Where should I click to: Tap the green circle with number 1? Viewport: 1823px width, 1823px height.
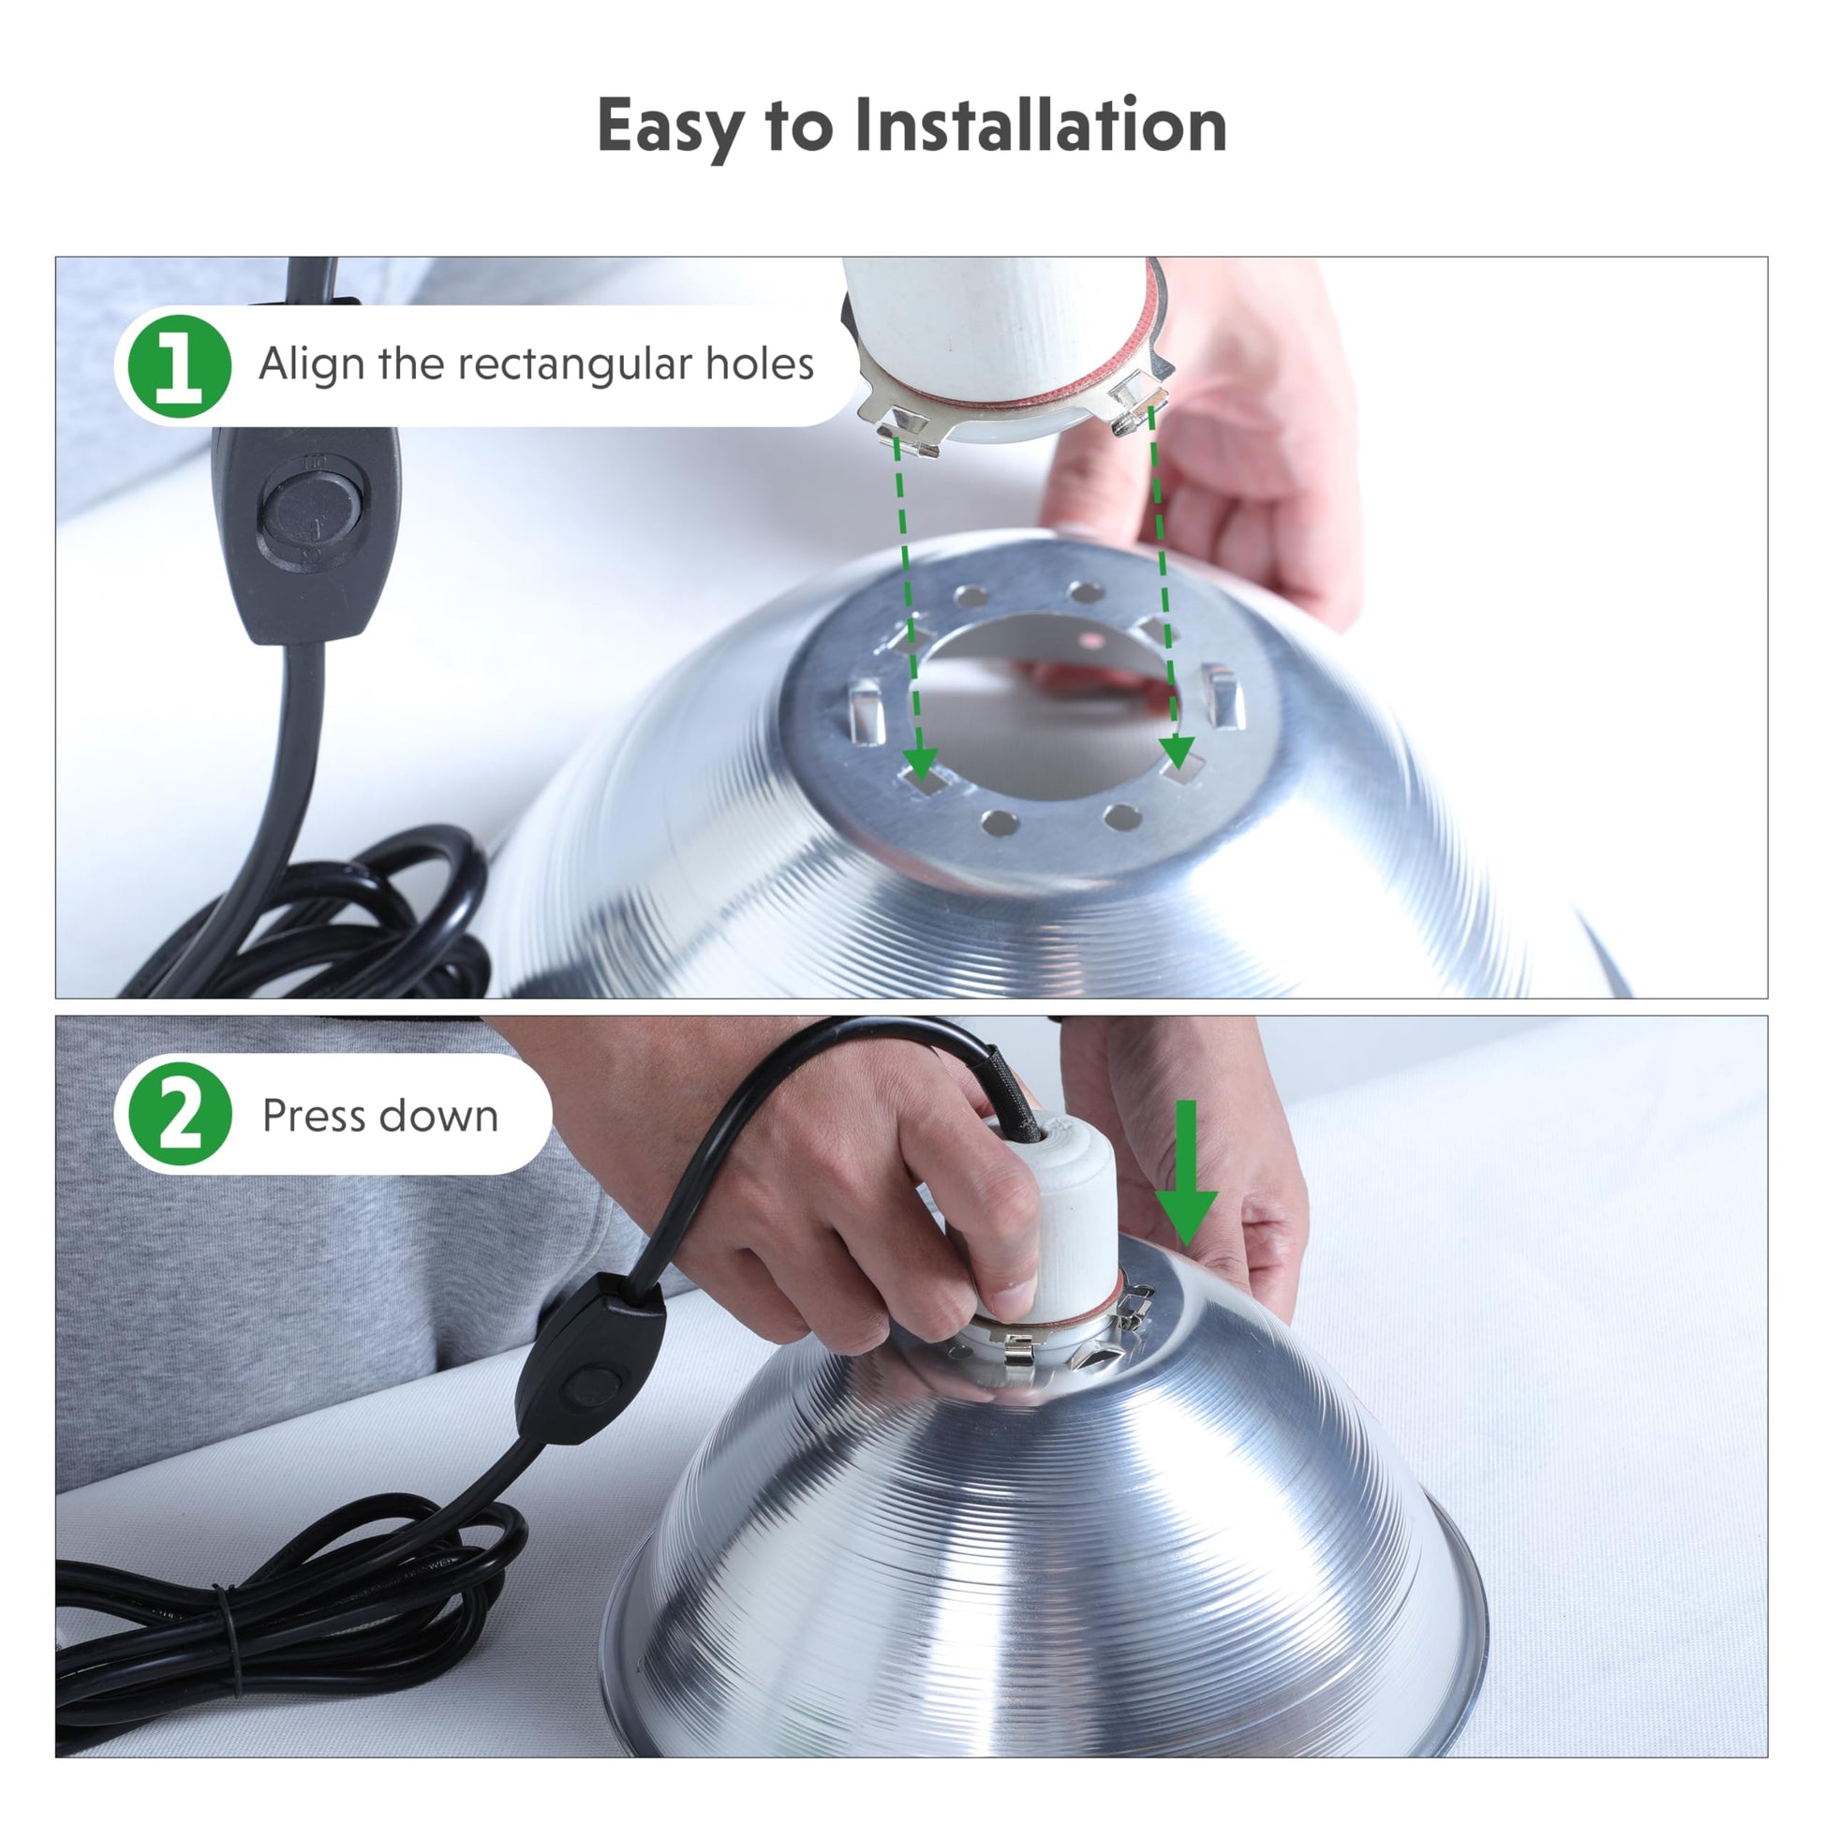click(x=179, y=366)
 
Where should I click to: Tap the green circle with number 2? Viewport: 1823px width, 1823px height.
click(x=179, y=1115)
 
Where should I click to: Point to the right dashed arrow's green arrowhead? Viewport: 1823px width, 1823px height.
click(x=1177, y=751)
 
